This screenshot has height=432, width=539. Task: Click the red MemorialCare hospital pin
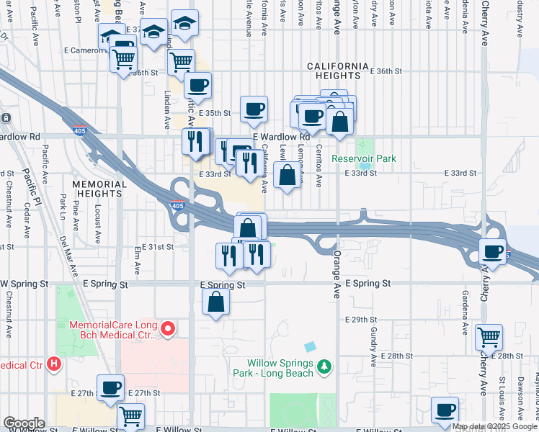[169, 330]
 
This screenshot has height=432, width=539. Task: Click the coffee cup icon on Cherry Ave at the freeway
[494, 252]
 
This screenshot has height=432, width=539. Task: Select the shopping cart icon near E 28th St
[489, 336]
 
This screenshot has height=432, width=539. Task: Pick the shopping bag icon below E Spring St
[216, 303]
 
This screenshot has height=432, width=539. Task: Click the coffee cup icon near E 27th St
[110, 387]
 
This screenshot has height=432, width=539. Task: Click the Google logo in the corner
[23, 423]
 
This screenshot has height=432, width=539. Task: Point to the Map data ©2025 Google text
[494, 426]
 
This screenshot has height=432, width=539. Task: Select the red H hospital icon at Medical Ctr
[53, 364]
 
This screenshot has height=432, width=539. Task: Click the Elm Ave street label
[137, 261]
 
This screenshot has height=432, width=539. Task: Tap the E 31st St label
[157, 246]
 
